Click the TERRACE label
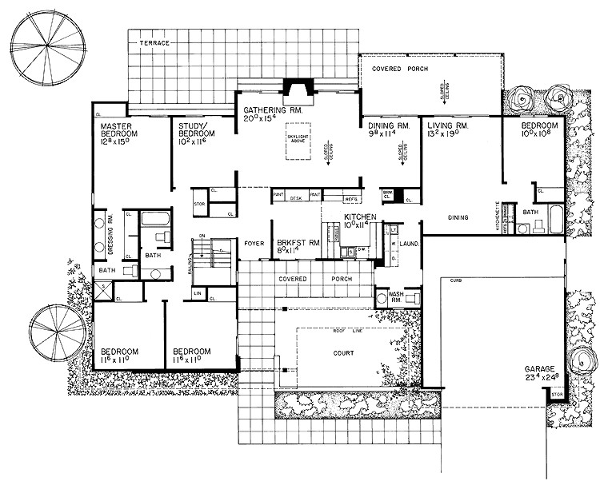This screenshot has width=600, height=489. [154, 42]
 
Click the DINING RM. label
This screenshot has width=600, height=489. [389, 126]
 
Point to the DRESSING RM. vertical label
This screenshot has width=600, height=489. [110, 234]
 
